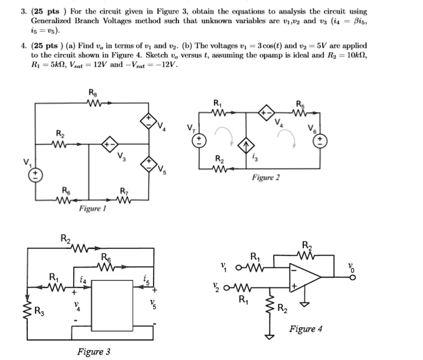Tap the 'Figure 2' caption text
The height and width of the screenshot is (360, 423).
[266, 178]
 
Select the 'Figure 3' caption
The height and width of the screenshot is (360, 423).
[93, 352]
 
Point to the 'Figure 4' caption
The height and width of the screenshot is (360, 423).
[306, 329]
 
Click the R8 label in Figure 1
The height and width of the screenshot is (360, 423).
[93, 94]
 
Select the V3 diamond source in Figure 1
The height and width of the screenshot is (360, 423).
[108, 145]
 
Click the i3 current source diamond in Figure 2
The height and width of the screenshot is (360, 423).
[246, 145]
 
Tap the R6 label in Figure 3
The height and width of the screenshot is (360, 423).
[106, 257]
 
